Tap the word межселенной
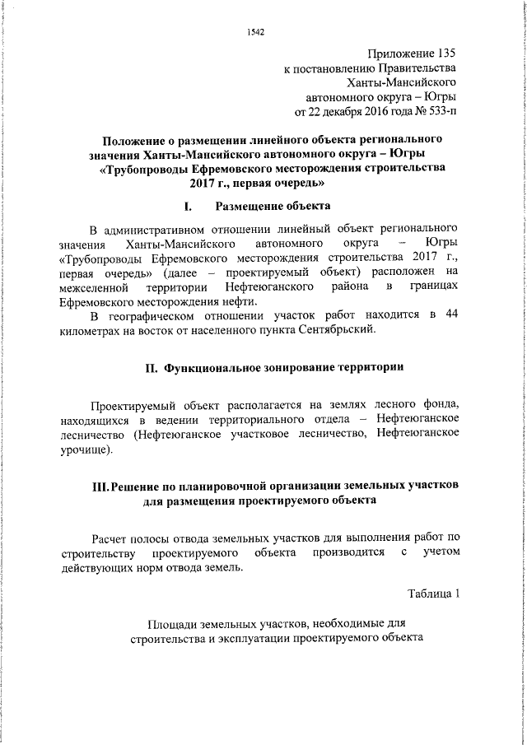click(x=94, y=287)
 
